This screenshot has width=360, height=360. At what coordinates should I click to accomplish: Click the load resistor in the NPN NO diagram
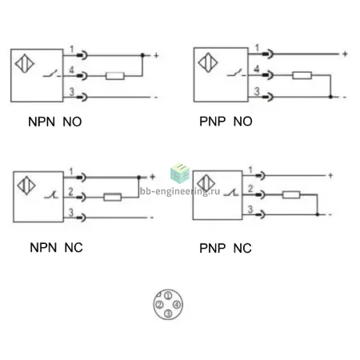pyautogui.click(x=115, y=76)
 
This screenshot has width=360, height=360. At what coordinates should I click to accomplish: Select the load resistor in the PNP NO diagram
pyautogui.click(x=302, y=75)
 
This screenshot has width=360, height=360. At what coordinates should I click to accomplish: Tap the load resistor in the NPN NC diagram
pyautogui.click(x=113, y=197)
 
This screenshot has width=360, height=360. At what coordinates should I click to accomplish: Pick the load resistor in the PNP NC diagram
pyautogui.click(x=291, y=194)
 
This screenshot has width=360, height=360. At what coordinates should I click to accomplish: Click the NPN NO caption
pyautogui.click(x=55, y=122)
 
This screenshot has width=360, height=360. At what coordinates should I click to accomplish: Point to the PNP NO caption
pyautogui.click(x=226, y=122)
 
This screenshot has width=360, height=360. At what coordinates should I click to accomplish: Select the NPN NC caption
pyautogui.click(x=56, y=248)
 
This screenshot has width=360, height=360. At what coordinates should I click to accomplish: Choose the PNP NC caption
pyautogui.click(x=226, y=248)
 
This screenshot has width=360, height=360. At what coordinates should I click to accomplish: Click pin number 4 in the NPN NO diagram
pyautogui.click(x=71, y=70)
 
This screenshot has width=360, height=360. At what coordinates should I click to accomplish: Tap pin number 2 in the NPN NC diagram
pyautogui.click(x=70, y=191)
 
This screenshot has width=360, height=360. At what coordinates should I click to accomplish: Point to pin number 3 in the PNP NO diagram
pyautogui.click(x=257, y=91)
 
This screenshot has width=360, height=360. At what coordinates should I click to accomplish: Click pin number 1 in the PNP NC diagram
pyautogui.click(x=250, y=170)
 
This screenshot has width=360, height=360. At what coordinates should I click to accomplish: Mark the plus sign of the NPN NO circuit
pyautogui.click(x=156, y=55)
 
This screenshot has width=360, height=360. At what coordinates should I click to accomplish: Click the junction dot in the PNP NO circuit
pyautogui.click(x=330, y=97)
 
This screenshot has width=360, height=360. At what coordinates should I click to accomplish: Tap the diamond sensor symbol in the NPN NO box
pyautogui.click(x=25, y=63)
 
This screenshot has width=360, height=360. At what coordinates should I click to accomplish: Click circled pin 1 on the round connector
pyautogui.click(x=168, y=295)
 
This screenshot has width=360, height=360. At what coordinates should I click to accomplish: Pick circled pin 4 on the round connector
pyautogui.click(x=177, y=304)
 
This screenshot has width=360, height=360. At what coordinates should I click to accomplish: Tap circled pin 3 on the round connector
pyautogui.click(x=168, y=314)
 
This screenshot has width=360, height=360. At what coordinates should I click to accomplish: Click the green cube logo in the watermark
pyautogui.click(x=180, y=173)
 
